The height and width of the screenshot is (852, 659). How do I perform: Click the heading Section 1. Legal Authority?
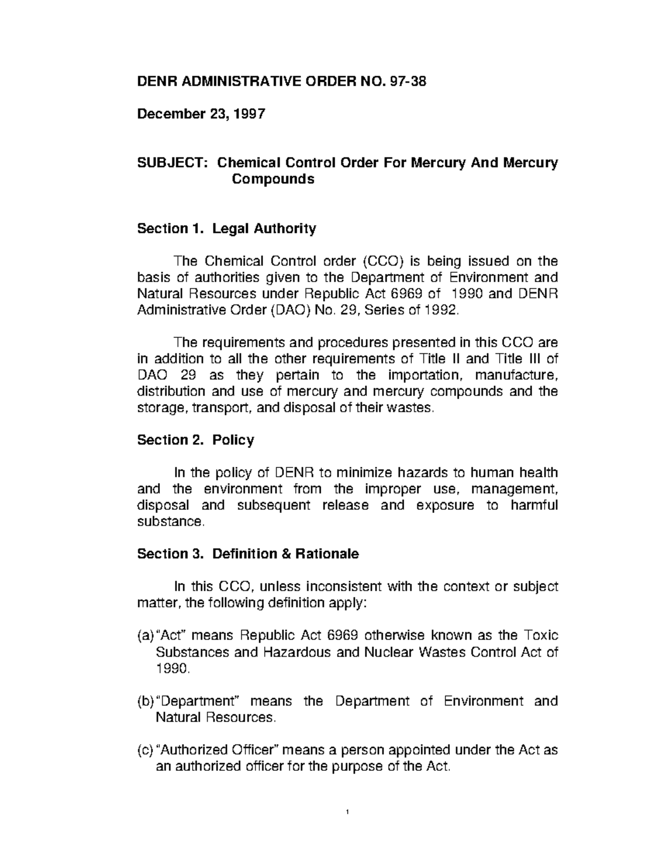[226, 228]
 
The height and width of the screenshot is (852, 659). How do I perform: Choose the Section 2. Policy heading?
[195, 440]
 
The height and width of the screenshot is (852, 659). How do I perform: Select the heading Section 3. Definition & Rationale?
[248, 554]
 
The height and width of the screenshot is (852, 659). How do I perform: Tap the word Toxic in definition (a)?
[541, 635]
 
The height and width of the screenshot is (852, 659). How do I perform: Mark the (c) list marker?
[146, 750]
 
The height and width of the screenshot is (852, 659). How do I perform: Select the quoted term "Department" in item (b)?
[196, 701]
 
